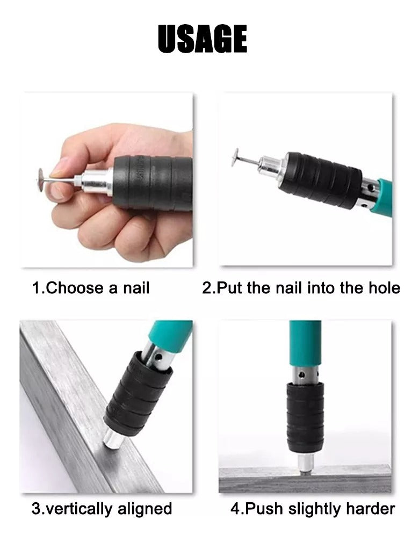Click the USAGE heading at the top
(203, 39)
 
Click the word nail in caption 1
(136, 288)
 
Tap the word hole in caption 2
(384, 288)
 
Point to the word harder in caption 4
(370, 509)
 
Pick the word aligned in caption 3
(145, 509)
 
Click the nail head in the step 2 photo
(236, 157)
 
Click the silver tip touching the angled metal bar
(113, 439)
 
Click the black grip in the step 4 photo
(305, 418)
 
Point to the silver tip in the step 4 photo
(306, 463)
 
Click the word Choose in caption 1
(74, 288)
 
